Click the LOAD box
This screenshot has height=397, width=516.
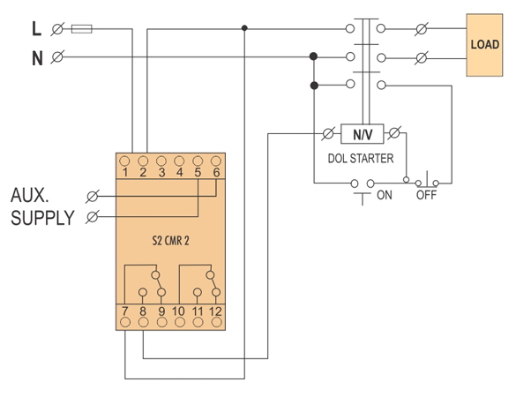tap(484, 45)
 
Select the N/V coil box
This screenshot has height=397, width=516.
tap(363, 134)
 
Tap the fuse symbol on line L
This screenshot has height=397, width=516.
tap(82, 29)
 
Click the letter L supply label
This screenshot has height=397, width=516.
tap(36, 28)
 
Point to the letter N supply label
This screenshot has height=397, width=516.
tap(37, 58)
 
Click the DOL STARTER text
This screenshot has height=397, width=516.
tap(361, 158)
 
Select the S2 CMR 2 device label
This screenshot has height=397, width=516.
tap(170, 241)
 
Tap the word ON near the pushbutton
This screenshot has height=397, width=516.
tap(385, 195)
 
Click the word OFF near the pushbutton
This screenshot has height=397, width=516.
tap(426, 195)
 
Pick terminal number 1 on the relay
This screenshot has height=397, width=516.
tap(125, 172)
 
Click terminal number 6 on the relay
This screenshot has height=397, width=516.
tap(216, 172)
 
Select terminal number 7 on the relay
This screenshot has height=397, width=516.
tap(125, 311)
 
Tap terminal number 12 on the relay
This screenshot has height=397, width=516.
tap(215, 311)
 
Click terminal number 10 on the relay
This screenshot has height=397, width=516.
tap(179, 311)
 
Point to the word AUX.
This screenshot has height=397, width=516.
tap(30, 195)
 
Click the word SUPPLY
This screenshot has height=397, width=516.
tap(43, 218)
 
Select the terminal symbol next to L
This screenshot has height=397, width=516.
tap(57, 29)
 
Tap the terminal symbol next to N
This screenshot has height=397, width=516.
tap(57, 57)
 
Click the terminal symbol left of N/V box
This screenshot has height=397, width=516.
tap(328, 133)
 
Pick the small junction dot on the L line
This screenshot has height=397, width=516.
tap(244, 28)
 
